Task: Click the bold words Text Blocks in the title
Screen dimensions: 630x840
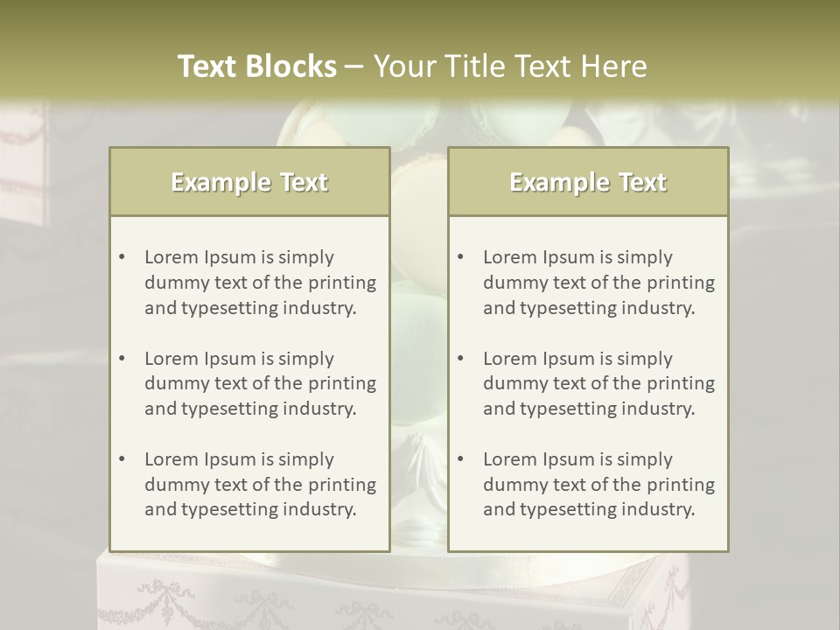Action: click(257, 66)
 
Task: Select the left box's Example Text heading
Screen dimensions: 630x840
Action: click(249, 182)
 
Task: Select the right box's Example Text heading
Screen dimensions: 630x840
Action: click(588, 182)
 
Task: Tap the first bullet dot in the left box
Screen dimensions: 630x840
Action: click(122, 257)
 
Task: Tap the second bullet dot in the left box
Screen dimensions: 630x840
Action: click(122, 359)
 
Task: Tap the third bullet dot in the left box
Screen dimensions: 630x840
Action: click(122, 459)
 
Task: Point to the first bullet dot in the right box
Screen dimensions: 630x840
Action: click(460, 257)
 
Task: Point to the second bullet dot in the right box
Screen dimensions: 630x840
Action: click(460, 359)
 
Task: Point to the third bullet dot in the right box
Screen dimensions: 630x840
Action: click(460, 459)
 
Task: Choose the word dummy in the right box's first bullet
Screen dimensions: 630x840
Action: click(512, 283)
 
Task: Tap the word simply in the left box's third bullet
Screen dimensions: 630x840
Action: click(305, 459)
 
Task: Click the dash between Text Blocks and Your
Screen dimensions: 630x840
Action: click(354, 66)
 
